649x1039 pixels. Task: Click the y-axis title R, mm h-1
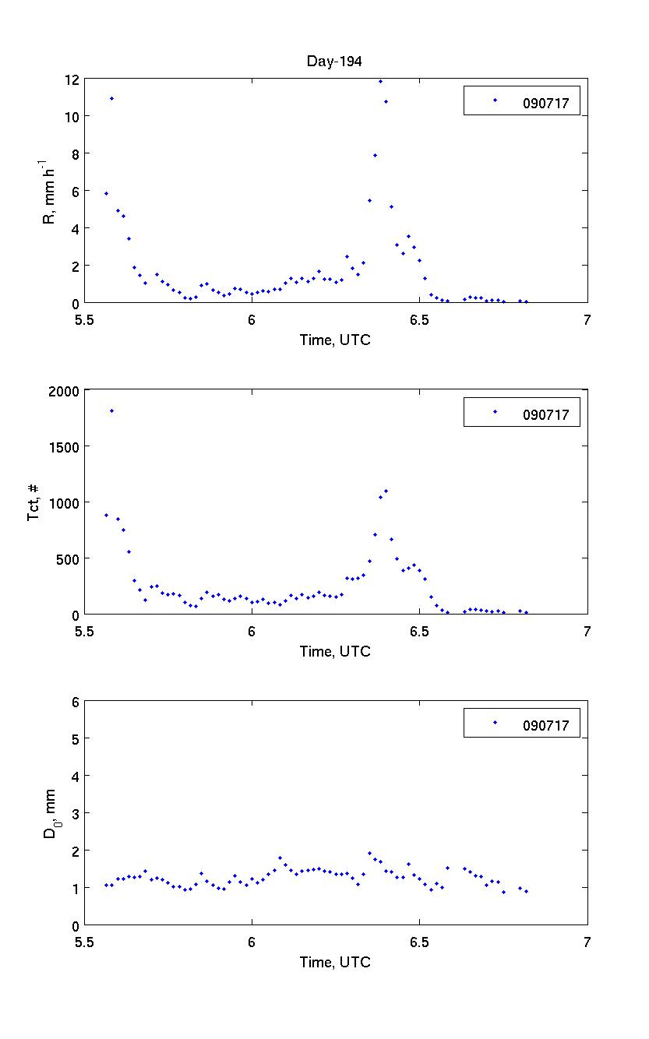click(48, 192)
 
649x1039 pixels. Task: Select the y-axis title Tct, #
click(34, 502)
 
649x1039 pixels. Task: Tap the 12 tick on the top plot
click(72, 79)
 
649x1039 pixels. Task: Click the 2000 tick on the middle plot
click(65, 390)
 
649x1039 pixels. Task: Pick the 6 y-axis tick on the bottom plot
click(75, 701)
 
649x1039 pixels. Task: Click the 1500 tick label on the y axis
click(65, 446)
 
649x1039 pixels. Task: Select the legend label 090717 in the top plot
click(551, 101)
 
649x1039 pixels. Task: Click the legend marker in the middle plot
click(495, 412)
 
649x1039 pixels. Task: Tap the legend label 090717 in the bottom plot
click(551, 726)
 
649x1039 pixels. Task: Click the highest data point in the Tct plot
click(111, 410)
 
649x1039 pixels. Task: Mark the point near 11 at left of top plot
click(111, 99)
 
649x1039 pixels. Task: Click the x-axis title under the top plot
click(335, 340)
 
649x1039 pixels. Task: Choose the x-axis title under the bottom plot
click(335, 963)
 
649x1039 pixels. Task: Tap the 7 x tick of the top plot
click(587, 319)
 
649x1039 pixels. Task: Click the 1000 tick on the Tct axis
click(65, 502)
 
